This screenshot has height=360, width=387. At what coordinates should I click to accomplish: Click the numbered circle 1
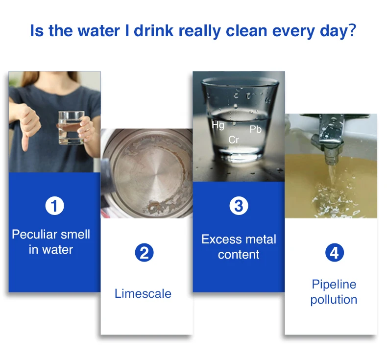point(54,206)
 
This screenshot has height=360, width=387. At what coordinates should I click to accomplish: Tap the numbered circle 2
point(144,253)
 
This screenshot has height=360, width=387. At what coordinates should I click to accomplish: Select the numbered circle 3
point(239,206)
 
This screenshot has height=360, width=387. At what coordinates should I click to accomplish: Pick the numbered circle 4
point(334,253)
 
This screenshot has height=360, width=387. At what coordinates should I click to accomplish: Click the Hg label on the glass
point(218,125)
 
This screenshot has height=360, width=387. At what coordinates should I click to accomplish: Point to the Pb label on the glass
point(255,129)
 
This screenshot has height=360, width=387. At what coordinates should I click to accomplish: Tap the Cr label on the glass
point(234,140)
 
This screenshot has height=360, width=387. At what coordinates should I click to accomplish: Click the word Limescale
point(143,293)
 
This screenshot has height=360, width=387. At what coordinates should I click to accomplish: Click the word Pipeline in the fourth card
point(334,284)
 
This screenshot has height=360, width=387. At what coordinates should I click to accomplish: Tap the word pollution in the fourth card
point(334,300)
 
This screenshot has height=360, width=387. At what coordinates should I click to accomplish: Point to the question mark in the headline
point(351,30)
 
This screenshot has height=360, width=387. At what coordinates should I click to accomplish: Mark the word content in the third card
point(239,255)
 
